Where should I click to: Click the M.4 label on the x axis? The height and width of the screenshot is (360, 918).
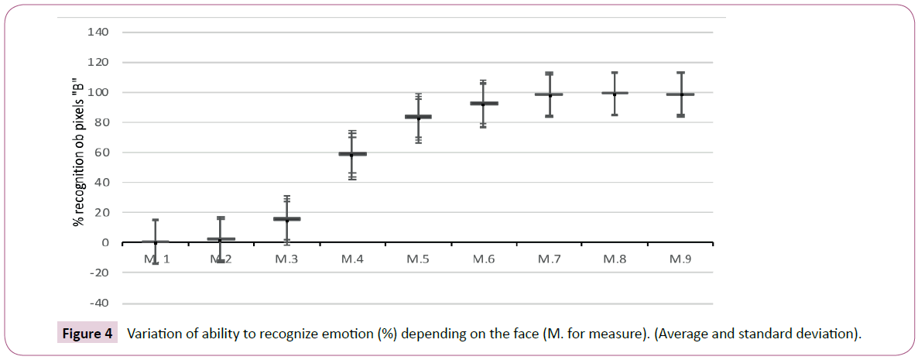click(352, 259)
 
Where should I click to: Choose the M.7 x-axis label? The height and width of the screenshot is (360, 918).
click(549, 259)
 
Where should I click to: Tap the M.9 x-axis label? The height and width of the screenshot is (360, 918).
click(680, 259)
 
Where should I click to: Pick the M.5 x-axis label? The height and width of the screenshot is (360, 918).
click(418, 259)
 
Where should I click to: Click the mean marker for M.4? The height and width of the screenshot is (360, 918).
click(352, 154)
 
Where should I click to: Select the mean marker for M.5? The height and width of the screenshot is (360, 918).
click(418, 117)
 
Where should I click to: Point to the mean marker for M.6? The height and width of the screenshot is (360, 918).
click(483, 103)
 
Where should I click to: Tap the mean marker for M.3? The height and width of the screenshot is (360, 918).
click(286, 219)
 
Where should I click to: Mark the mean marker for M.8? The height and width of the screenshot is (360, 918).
click(615, 93)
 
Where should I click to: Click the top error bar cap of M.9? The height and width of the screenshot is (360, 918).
click(680, 73)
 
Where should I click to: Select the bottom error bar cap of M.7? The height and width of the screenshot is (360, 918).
click(549, 116)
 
